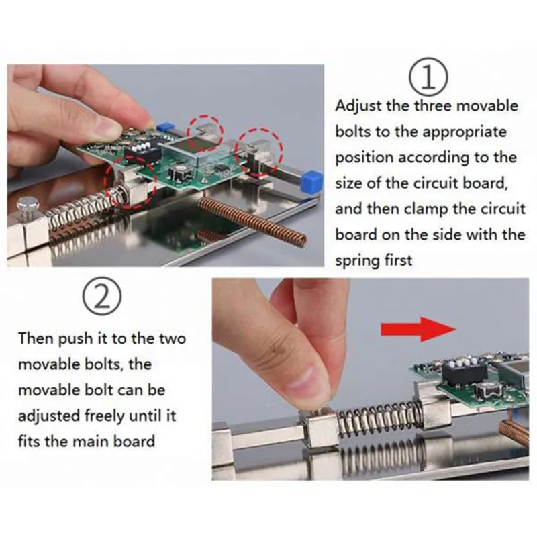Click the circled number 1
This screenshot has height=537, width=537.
(428, 77)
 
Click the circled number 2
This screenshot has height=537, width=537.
(102, 296)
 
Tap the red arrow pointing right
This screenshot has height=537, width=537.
(418, 329)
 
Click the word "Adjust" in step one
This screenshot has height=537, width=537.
(358, 106)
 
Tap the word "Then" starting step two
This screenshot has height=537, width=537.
(36, 338)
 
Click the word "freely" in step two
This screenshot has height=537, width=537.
(105, 416)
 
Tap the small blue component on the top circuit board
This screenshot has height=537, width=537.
(164, 127)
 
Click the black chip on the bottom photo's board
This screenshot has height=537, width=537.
(464, 373)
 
